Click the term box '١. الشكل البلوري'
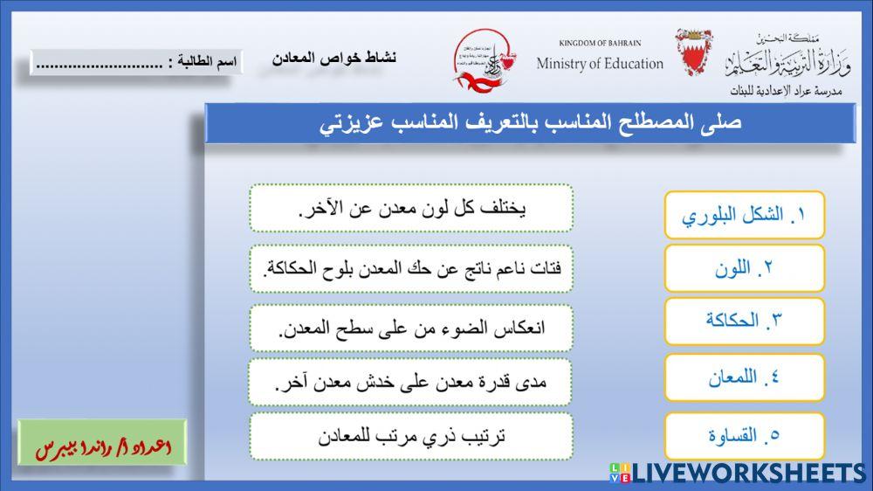coord(744,215)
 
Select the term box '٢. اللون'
coord(744,268)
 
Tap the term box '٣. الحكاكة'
coord(744,321)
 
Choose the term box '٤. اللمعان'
coord(744,378)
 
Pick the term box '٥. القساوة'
coord(744,435)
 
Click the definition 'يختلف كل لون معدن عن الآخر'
coord(410,209)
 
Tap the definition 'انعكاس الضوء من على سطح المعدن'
coord(410,328)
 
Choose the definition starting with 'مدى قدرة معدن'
coord(410,382)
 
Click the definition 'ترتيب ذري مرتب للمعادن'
coord(410,436)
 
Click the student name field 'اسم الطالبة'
coord(136,63)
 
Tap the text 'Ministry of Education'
coord(600,63)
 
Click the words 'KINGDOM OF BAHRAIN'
coord(600,43)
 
